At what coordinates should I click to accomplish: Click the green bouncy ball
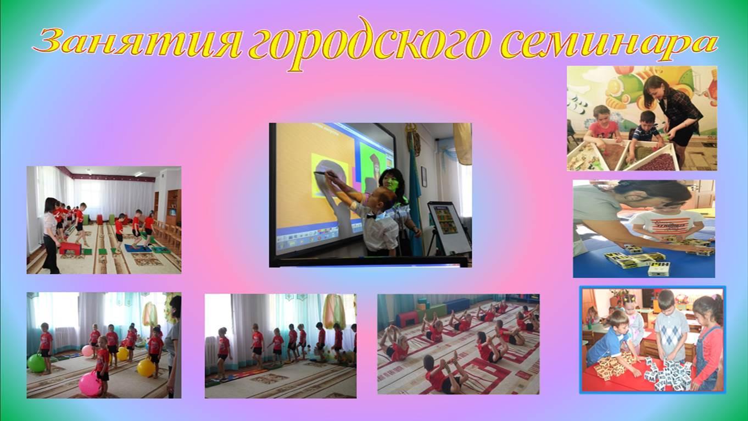coord(36,363)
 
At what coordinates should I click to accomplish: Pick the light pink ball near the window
coord(87,351)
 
